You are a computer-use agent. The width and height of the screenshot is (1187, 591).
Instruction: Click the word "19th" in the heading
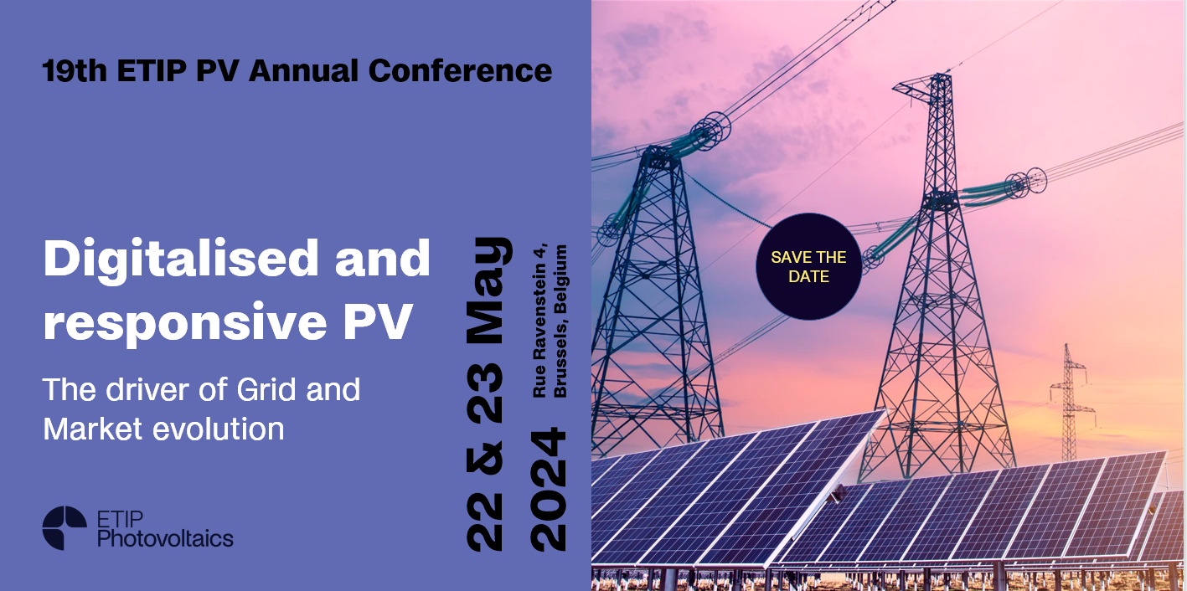pos(75,70)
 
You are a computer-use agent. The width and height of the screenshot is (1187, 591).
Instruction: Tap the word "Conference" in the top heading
pos(460,70)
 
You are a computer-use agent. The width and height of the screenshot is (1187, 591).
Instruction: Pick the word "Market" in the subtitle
pos(93,429)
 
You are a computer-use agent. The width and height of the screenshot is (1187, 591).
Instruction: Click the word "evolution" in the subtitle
pos(219,429)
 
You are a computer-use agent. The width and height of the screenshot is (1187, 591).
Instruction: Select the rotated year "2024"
pos(549,490)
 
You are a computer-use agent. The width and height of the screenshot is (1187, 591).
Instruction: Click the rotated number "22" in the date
pos(484,521)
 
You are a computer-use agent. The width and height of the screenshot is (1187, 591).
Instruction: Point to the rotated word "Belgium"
pos(560,279)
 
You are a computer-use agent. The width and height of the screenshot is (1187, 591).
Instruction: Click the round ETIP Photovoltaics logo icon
pos(65,528)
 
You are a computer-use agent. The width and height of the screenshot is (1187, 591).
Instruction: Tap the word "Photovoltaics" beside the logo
pos(165,538)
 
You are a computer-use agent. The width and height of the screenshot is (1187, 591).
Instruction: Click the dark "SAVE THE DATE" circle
pos(808,266)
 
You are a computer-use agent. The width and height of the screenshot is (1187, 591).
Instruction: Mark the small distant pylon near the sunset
pos(1070,403)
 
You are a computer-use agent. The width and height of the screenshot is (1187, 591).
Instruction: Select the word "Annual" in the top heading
pos(303,70)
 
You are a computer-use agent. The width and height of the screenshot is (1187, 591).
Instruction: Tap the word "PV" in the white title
pos(377,321)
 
